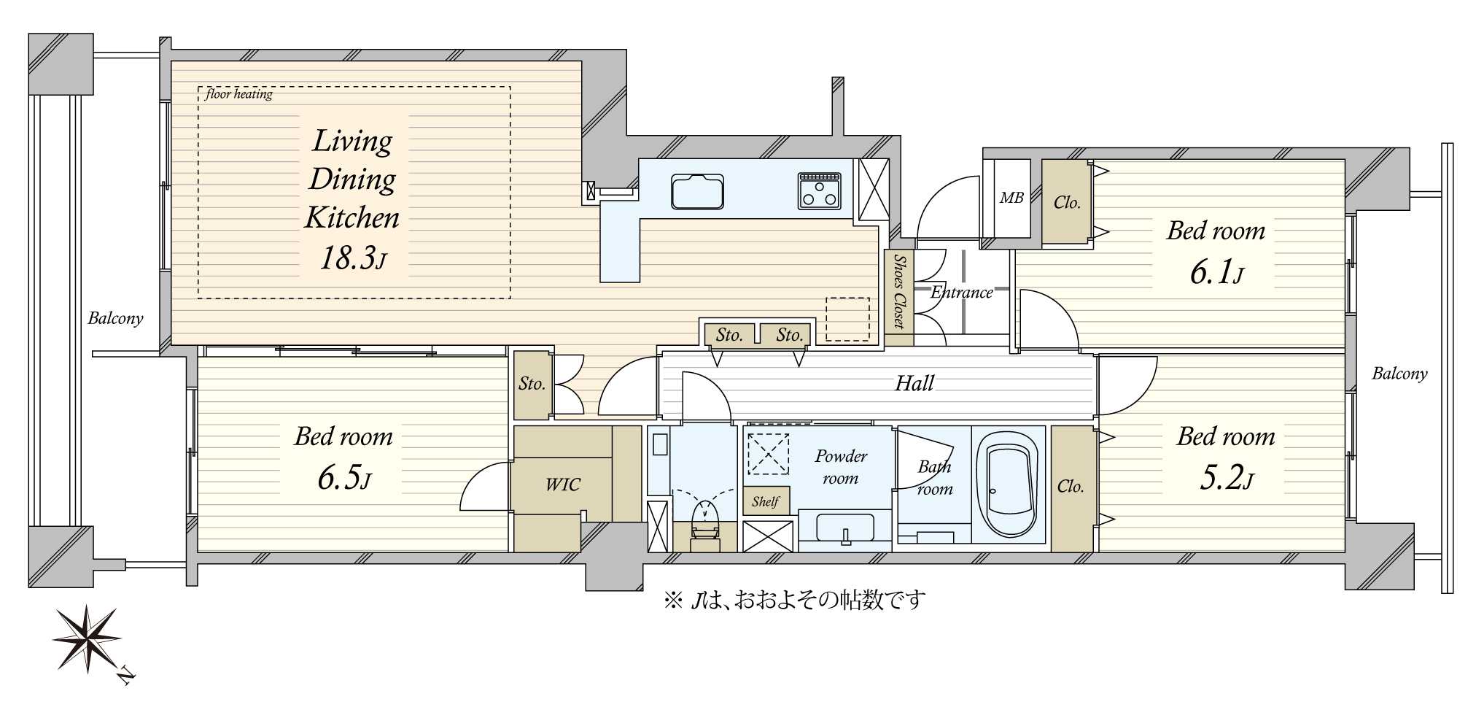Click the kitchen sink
click(698, 191)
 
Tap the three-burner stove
click(820, 190)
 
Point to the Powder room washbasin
click(845, 529)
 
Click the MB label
click(1011, 198)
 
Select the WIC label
click(563, 485)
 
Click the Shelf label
click(766, 501)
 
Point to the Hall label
click(914, 383)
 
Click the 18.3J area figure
click(353, 258)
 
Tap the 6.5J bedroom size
click(344, 479)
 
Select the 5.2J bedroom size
click(1227, 479)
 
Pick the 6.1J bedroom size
click(1216, 273)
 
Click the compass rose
click(89, 638)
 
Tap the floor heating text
click(238, 94)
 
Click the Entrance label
click(962, 293)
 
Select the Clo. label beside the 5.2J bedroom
click(1071, 487)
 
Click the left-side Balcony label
click(115, 318)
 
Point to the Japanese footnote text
click(795, 601)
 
